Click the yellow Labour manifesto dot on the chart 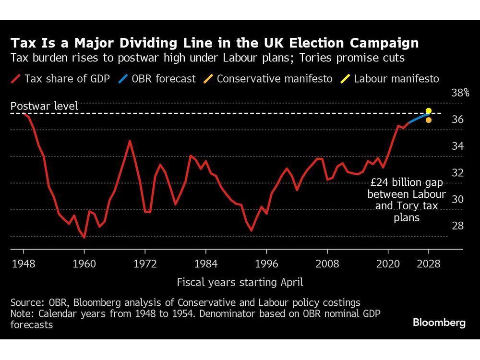(x=429, y=110)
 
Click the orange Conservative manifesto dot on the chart (x=429, y=120)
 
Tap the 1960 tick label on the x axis (x=84, y=264)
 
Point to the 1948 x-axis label (x=24, y=264)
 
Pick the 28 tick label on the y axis (x=457, y=226)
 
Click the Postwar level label (x=44, y=106)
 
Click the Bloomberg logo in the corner (x=439, y=323)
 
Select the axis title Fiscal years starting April (x=240, y=282)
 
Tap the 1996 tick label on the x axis (x=267, y=264)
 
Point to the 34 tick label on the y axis (x=457, y=146)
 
